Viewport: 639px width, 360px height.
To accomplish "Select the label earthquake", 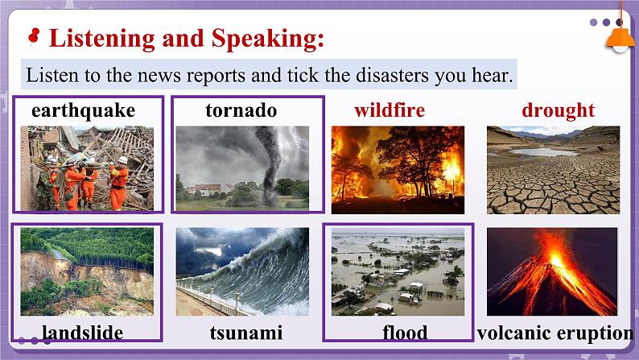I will click(83, 110).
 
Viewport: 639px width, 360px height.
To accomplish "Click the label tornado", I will click(241, 110).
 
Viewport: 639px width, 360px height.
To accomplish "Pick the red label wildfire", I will click(390, 110).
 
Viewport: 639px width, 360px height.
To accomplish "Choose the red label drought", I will click(558, 110).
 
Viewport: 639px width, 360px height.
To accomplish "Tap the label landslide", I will click(82, 333).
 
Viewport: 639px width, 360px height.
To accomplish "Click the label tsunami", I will click(245, 333).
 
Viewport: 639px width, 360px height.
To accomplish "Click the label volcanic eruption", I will click(555, 333).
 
